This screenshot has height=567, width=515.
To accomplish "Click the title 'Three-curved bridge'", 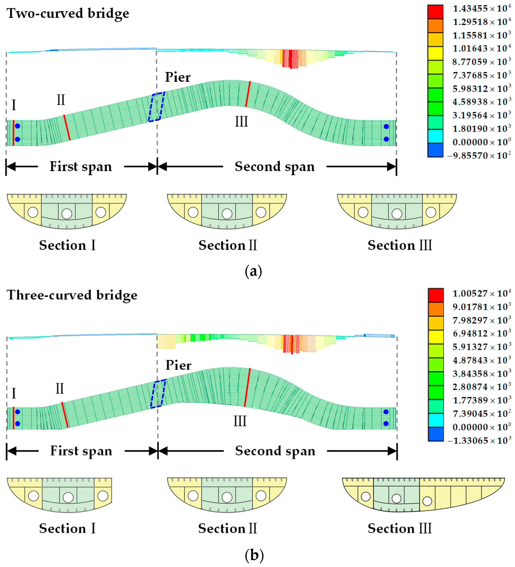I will (x=72, y=295).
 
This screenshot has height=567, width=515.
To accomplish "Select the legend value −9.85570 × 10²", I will (x=479, y=156).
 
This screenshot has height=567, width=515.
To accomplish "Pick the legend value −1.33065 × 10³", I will (x=479, y=440).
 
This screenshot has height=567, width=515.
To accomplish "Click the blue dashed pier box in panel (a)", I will (x=156, y=107).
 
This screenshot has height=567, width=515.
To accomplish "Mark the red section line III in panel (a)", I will (x=248, y=94).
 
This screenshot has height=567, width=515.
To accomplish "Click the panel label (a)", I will (x=253, y=272).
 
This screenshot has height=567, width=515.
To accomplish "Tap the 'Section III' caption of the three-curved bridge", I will (x=399, y=529).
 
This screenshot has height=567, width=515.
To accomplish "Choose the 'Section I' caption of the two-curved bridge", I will (x=67, y=245).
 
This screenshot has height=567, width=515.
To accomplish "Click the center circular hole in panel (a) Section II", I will (x=227, y=214).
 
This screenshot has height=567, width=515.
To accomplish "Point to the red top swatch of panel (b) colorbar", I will (x=436, y=295).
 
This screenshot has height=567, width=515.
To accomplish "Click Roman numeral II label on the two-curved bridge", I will (x=61, y=100).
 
